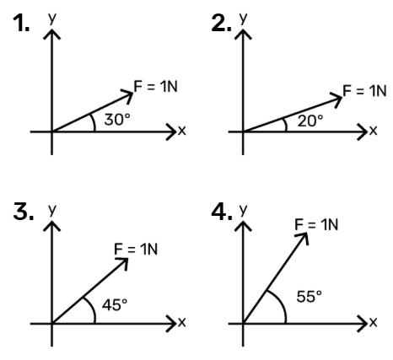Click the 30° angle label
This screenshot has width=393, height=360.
117,120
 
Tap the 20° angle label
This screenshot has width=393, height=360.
310,121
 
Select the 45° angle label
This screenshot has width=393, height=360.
115,304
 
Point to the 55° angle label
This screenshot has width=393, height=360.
310,297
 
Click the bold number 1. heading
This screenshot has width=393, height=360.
21,24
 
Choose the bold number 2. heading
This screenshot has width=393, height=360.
222,24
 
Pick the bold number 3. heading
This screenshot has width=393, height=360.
24,212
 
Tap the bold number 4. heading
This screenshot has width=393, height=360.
222,212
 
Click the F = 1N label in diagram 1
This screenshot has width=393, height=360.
156,86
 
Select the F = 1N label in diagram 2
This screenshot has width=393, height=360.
364,90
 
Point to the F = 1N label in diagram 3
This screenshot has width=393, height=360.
136,249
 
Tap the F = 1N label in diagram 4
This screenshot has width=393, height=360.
316,224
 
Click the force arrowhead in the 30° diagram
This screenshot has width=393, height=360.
130,94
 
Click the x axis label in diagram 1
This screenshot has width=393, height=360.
182,131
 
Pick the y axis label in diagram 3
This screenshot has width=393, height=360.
52,209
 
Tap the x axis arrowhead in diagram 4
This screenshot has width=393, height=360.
362,324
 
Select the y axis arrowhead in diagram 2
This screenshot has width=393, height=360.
243,35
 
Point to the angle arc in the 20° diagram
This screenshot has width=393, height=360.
286,124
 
